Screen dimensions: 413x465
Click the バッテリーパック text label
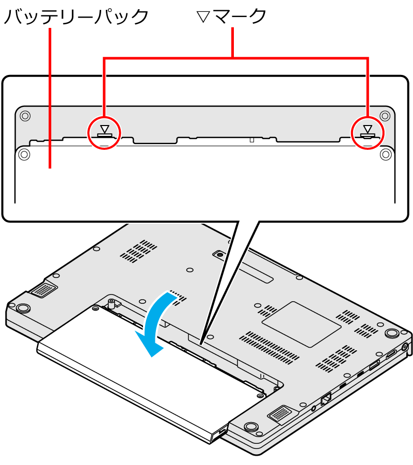(76, 17)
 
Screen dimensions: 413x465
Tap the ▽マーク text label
(231, 16)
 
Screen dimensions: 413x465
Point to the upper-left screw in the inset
(25, 115)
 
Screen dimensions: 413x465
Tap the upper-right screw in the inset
(385, 115)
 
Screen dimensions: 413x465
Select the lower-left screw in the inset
(24, 154)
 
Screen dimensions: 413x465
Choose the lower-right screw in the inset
(386, 154)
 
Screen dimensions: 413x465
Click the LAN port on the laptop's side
(326, 398)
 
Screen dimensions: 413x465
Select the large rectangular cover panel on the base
(301, 324)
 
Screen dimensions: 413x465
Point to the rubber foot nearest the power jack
(392, 333)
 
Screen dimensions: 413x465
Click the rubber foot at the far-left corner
(23, 308)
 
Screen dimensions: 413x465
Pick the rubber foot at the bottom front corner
(251, 426)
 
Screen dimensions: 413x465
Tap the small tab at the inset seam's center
(252, 139)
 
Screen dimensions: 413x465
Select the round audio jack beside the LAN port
(314, 408)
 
